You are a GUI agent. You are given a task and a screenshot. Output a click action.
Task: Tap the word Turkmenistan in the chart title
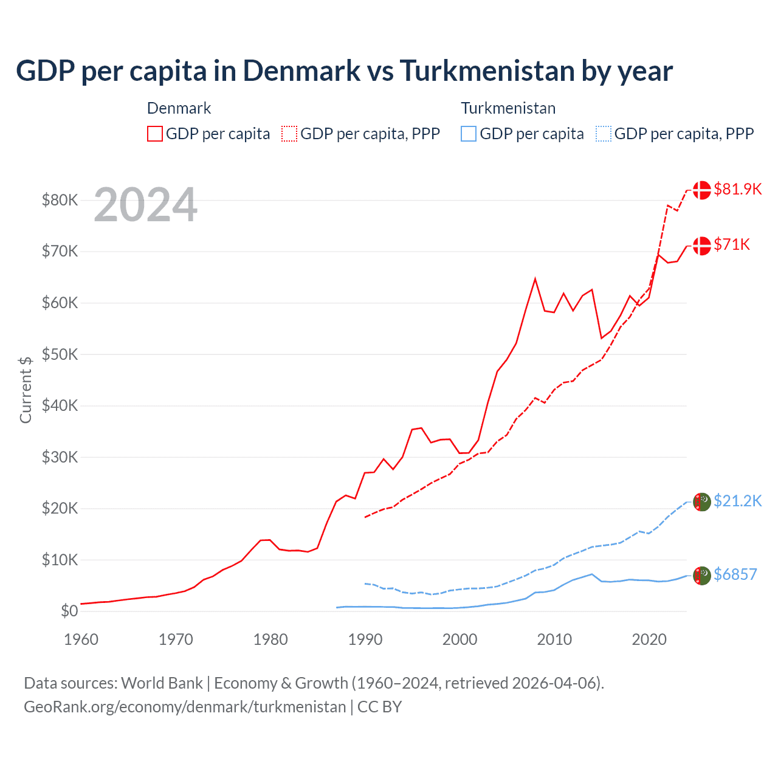point(486,71)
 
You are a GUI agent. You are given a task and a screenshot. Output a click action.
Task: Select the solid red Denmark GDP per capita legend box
point(155,134)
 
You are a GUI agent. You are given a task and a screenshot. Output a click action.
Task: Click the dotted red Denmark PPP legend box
point(289,134)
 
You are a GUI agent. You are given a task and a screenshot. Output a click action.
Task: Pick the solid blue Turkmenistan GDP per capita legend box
point(469,134)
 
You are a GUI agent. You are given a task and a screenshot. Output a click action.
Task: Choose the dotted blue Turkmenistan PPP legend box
point(604,134)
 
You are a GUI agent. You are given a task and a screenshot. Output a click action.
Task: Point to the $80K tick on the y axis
point(60,200)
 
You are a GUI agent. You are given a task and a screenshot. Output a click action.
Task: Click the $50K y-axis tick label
point(60,354)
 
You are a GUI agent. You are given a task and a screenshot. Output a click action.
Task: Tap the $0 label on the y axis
point(69,611)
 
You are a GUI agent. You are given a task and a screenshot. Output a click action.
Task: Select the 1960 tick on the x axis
point(81,639)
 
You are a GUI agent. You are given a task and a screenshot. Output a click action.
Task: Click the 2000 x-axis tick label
point(460,639)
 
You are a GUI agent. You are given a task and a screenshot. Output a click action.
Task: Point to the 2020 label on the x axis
point(649,639)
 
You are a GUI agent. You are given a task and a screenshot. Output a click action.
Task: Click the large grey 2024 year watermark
point(145,205)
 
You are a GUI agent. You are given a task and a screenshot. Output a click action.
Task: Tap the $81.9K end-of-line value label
point(737,189)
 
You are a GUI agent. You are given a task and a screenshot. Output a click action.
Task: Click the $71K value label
point(732,244)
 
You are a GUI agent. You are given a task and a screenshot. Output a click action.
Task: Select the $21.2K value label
point(737,501)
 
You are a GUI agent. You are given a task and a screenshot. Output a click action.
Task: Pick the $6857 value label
point(735,574)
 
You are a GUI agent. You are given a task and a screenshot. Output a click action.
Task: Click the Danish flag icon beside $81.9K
point(702,190)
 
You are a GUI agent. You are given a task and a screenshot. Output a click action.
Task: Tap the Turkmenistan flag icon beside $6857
point(702,575)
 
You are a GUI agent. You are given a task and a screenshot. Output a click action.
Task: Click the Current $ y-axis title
point(26,390)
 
